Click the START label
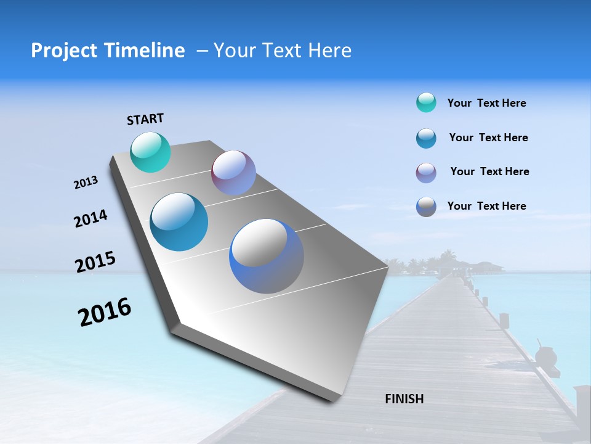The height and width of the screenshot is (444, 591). click(145, 119)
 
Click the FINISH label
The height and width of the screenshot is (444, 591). click(404, 399)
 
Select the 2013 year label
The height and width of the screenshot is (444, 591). click(86, 183)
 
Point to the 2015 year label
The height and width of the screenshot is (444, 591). click(95, 262)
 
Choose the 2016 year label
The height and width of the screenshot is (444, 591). click(105, 312)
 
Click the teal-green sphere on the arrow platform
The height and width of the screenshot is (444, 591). click(150, 152)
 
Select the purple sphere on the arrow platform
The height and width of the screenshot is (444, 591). click(233, 173)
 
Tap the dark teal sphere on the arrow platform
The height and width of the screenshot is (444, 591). click(179, 222)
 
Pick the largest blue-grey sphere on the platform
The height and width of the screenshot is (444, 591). click(266, 256)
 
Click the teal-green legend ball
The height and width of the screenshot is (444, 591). click(426, 102)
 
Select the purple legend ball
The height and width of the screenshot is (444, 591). click(426, 173)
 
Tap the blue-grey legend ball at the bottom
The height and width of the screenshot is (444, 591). click(426, 207)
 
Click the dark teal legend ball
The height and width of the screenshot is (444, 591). click(426, 138)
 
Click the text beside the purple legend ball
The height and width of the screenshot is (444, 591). click(489, 171)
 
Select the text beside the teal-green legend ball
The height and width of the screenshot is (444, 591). click(486, 103)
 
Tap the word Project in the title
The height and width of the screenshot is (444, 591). click(63, 51)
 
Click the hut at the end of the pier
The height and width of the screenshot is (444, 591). click(459, 266)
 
